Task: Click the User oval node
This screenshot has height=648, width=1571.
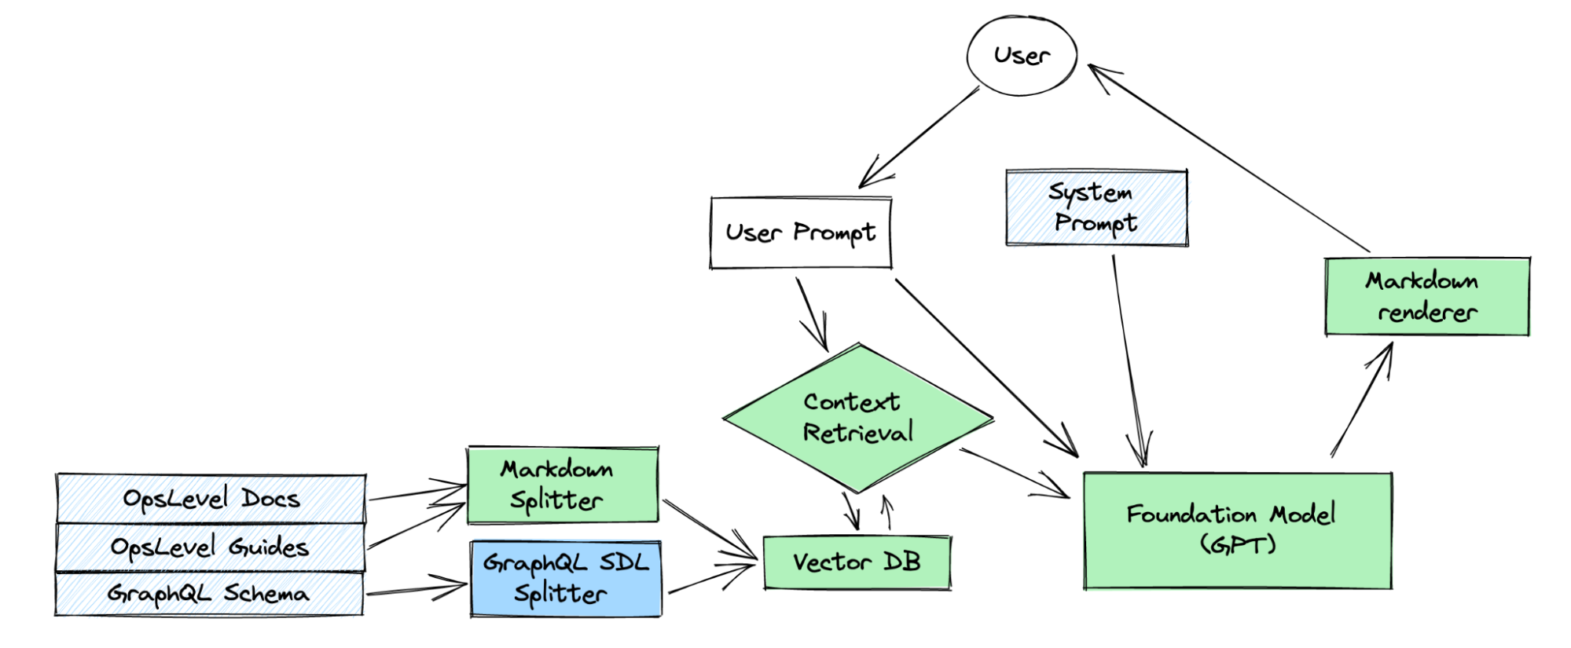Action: (x=1021, y=56)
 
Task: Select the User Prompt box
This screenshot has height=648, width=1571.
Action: (x=800, y=233)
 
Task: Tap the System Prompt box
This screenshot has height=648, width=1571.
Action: (x=1096, y=208)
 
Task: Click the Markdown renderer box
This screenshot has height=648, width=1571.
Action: (x=1426, y=296)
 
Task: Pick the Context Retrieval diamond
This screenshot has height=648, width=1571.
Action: (x=858, y=418)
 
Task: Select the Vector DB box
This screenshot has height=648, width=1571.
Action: (x=857, y=562)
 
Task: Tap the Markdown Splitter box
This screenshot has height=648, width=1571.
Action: (x=563, y=485)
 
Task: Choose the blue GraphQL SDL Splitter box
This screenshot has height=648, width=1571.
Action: (x=566, y=579)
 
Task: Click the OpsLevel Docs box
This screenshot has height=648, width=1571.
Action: (x=211, y=499)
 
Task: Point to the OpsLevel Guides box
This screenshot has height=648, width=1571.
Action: (x=210, y=547)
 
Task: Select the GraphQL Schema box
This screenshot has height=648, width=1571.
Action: (x=208, y=594)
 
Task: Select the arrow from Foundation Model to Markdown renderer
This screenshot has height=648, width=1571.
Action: (x=1362, y=399)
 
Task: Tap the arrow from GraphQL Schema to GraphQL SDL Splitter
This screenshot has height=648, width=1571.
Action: (x=417, y=589)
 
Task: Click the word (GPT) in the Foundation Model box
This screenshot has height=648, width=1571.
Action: (x=1237, y=544)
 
